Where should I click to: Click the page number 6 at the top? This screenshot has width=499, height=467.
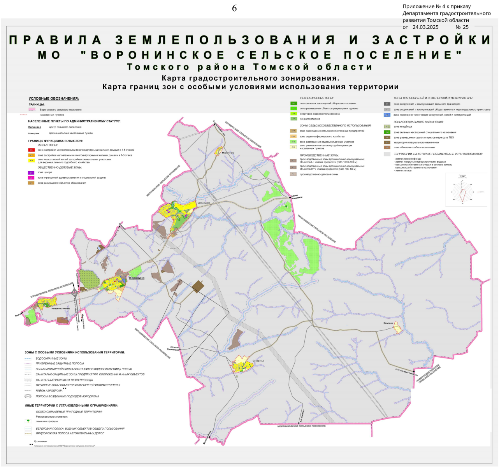pyautogui.click(x=234, y=9)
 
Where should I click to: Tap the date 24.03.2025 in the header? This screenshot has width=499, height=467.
pyautogui.click(x=425, y=27)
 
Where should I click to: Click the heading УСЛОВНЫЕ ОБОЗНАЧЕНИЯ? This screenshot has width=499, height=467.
pyautogui.click(x=54, y=98)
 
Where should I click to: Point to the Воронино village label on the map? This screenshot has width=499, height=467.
pyautogui.click(x=137, y=278)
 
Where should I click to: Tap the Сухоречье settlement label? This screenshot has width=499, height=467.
pyautogui.click(x=258, y=361)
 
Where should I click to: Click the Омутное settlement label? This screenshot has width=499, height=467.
pyautogui.click(x=388, y=323)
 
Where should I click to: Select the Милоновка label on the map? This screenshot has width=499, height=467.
pyautogui.click(x=228, y=153)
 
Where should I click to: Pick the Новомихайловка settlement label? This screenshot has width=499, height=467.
pyautogui.click(x=61, y=309)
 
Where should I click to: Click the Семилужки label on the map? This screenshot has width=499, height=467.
pyautogui.click(x=204, y=203)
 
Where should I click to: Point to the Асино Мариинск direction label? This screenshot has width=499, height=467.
pyautogui.click(x=297, y=197)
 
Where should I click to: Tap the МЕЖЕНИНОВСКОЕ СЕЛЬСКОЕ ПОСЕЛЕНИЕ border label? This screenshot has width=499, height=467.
pyautogui.click(x=302, y=426)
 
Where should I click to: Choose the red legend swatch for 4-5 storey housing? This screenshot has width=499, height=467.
pyautogui.click(x=32, y=150)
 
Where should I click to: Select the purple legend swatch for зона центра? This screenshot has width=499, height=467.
pyautogui.click(x=31, y=173)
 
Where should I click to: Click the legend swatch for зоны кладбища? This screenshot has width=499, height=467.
pyautogui.click(x=387, y=127)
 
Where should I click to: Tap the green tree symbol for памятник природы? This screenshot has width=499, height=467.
pyautogui.click(x=28, y=421)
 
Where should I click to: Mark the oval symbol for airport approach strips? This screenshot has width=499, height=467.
pyautogui.click(x=28, y=397)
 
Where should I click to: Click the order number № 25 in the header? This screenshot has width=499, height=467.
pyautogui.click(x=462, y=27)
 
